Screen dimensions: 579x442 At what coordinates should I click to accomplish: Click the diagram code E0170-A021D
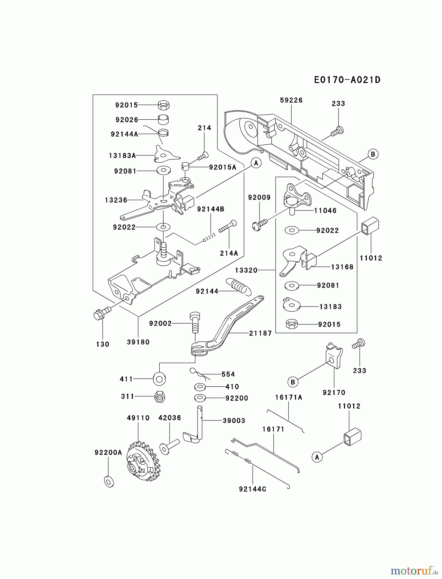pyautogui.click(x=347, y=80)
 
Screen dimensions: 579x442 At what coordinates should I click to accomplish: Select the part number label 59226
pyautogui.click(x=291, y=100)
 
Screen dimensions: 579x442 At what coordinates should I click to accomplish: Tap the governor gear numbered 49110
pyautogui.click(x=141, y=461)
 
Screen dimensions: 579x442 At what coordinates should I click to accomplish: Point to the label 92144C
pyautogui.click(x=252, y=489)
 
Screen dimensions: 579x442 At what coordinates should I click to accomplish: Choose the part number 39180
pyautogui.click(x=138, y=342)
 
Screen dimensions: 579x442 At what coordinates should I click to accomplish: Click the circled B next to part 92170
pyautogui.click(x=293, y=382)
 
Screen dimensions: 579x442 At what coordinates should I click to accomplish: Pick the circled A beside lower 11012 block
pyautogui.click(x=317, y=457)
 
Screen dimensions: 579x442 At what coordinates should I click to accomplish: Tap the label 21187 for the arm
pyautogui.click(x=261, y=333)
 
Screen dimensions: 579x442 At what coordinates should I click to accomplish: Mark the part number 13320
pyautogui.click(x=246, y=270)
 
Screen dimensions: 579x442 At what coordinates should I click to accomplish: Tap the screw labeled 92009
pyautogui.click(x=260, y=225)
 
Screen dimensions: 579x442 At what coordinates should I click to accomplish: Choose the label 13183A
pyautogui.click(x=122, y=156)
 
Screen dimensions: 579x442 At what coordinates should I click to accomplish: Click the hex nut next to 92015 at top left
pyautogui.click(x=164, y=105)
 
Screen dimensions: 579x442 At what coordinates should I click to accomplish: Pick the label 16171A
pyautogui.click(x=288, y=398)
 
